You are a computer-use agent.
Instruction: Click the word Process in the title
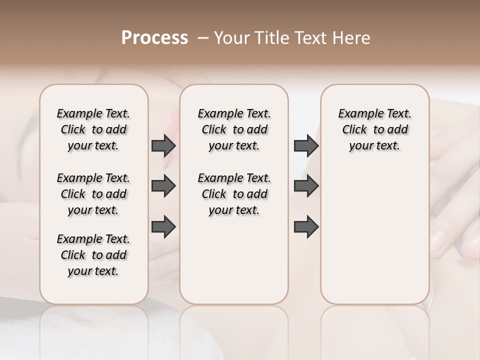click(x=154, y=38)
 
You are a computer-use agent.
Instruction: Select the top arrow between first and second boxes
click(x=163, y=146)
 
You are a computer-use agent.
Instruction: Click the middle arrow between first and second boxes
click(x=163, y=186)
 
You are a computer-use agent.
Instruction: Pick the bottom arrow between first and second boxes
click(x=163, y=227)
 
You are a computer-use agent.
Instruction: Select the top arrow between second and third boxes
click(x=306, y=146)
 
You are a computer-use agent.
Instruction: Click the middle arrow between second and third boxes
click(x=306, y=186)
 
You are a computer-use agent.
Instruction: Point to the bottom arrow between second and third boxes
click(x=306, y=227)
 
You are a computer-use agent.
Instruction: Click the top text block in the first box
click(x=93, y=129)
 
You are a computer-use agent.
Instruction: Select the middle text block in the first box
click(x=93, y=194)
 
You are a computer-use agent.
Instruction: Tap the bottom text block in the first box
click(x=93, y=255)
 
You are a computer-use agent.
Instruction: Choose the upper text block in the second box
click(x=234, y=129)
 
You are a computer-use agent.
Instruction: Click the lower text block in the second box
click(x=234, y=194)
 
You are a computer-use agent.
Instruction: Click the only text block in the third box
click(x=374, y=129)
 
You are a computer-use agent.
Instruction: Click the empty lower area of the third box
click(x=374, y=235)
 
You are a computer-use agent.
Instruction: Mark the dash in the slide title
click(x=203, y=38)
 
